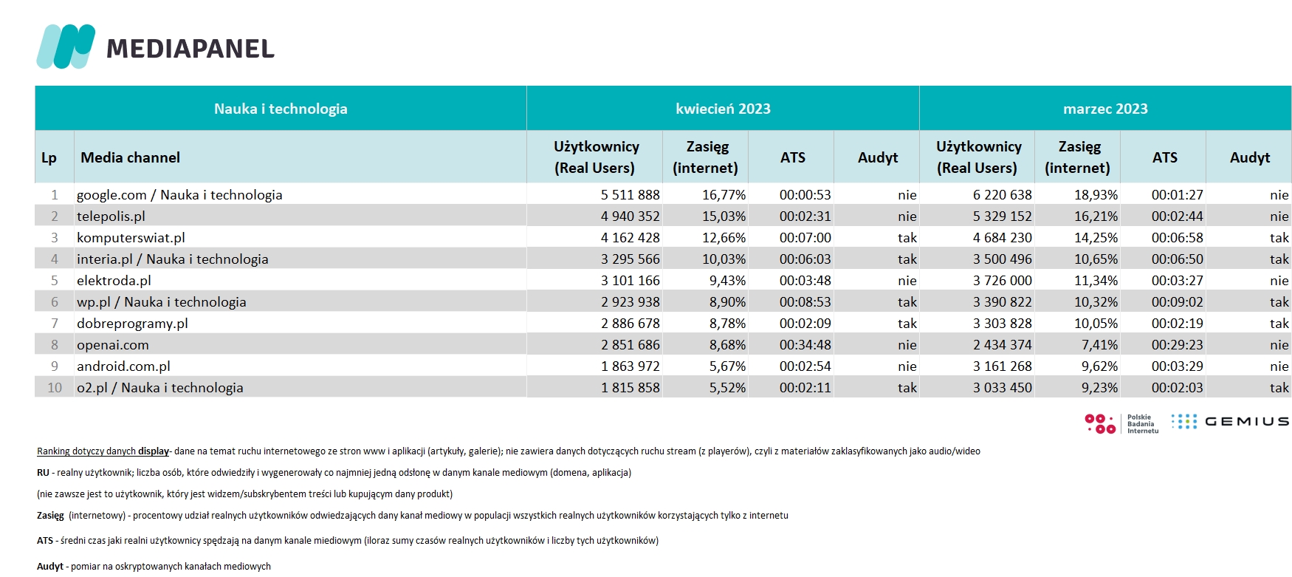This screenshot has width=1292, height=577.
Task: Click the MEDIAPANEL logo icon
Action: [x=66, y=47]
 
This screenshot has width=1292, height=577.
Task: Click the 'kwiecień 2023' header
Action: [x=723, y=109]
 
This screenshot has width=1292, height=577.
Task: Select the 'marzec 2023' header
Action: [x=1105, y=109]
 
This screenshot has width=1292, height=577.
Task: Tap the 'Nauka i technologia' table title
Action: [x=281, y=109]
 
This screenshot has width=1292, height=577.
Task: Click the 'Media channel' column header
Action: [x=130, y=157]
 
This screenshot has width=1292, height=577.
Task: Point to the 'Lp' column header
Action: [x=49, y=157]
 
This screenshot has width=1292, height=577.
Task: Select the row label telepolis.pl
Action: [x=111, y=216]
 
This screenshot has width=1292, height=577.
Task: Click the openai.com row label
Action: [x=113, y=345]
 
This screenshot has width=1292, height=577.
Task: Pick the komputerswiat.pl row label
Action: [x=131, y=238]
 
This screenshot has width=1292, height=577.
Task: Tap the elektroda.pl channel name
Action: [x=114, y=281]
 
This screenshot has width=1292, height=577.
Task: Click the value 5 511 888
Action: [x=630, y=195]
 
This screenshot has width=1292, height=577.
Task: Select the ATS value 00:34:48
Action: [x=805, y=345]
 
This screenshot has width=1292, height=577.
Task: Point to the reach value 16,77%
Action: [x=724, y=195]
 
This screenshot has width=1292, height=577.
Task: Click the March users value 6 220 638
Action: [x=1003, y=195]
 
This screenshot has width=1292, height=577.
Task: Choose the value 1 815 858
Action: [x=630, y=388]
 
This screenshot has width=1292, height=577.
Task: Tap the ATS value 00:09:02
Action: [x=1178, y=302]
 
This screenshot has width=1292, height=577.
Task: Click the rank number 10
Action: [x=55, y=388]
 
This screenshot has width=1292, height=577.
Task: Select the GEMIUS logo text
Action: [x=1247, y=422]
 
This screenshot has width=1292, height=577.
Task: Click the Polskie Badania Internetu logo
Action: [x=1121, y=423]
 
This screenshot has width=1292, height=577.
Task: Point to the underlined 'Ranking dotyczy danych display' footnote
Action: [x=103, y=451]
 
